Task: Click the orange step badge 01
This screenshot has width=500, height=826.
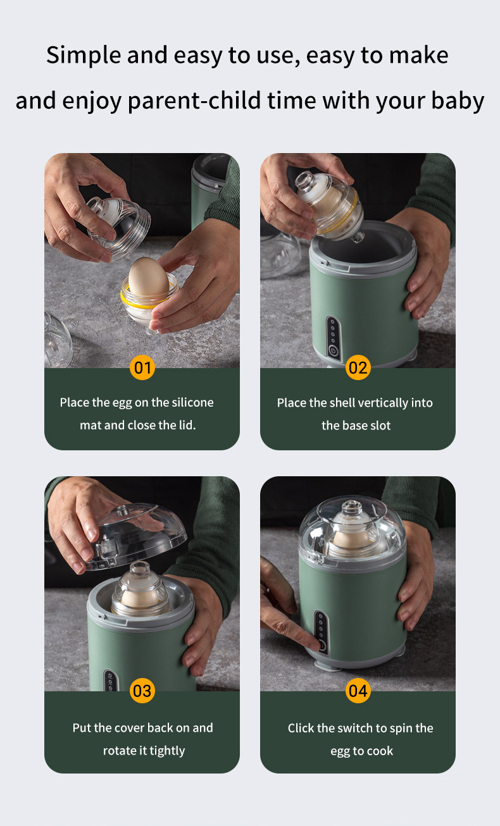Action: tap(142, 367)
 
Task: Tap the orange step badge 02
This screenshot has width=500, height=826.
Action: tap(358, 367)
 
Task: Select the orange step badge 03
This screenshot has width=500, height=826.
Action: tap(142, 691)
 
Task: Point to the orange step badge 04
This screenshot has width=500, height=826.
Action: tap(358, 691)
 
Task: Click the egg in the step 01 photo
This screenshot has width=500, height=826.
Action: tap(148, 278)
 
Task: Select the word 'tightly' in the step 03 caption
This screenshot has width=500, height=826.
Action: tap(167, 750)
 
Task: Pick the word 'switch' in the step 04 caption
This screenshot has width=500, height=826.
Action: tap(354, 728)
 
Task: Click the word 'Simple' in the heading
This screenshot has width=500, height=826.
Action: tap(84, 56)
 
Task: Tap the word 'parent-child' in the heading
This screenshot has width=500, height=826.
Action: tap(194, 101)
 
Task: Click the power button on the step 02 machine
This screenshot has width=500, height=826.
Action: tap(334, 350)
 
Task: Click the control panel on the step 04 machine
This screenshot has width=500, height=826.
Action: tap(321, 632)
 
